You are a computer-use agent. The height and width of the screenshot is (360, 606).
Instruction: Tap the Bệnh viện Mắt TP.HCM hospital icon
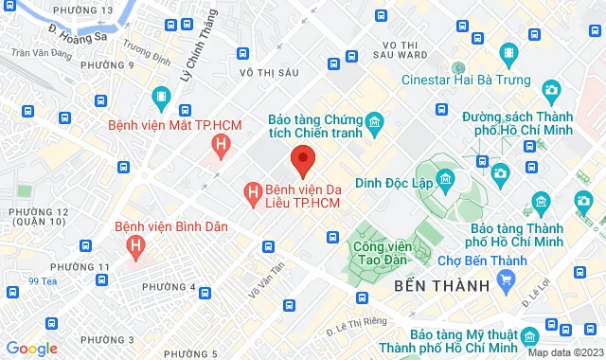221,145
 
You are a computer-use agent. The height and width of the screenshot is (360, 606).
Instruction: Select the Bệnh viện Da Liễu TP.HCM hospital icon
253,194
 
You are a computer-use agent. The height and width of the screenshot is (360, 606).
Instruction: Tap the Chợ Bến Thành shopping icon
506,279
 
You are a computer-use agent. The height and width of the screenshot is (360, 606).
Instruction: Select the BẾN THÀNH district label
440,285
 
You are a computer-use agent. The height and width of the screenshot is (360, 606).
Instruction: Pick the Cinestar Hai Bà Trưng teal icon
457,68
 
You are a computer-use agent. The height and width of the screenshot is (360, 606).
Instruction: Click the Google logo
31,348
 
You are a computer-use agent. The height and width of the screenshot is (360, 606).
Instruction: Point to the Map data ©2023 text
564,352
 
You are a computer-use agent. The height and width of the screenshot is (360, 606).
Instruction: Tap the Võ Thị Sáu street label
270,72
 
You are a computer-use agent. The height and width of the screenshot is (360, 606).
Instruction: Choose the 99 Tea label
43,280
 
